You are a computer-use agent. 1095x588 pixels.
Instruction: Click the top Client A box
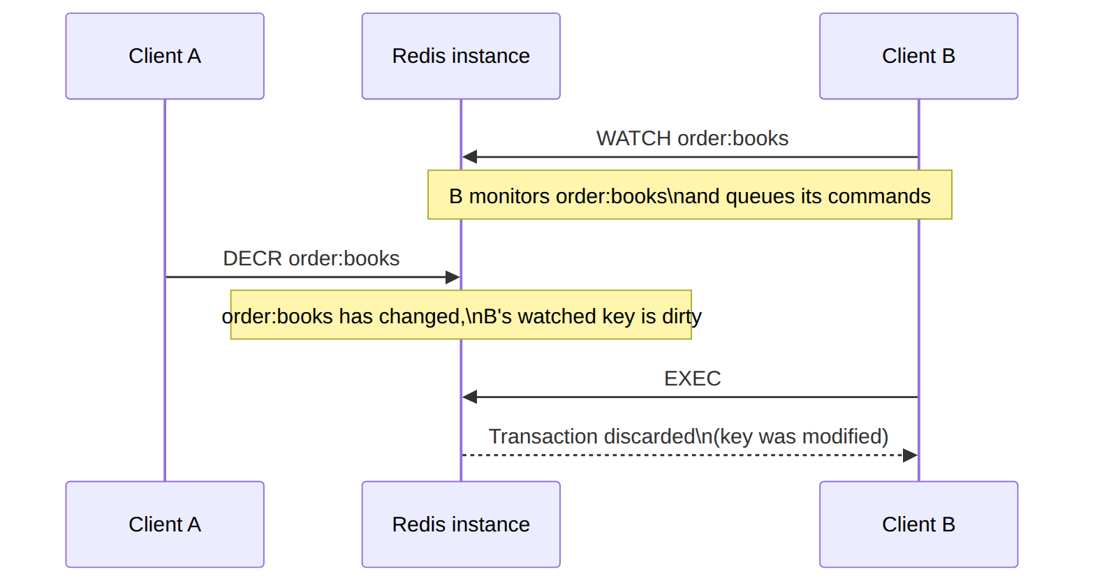point(165,56)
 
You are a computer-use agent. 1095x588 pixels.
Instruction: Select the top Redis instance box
point(461,56)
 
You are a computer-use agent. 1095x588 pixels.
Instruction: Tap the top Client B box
point(919,56)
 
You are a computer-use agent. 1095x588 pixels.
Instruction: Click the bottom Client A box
point(165,524)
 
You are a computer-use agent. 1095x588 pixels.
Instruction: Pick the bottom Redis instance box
point(461,524)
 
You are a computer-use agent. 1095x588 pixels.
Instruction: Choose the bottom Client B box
point(919,524)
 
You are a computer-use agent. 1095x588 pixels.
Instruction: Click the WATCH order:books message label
point(692,139)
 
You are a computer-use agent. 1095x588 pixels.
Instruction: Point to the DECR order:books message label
point(311,258)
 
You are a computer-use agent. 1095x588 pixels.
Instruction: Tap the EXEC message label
point(692,378)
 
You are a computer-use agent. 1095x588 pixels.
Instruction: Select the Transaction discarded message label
point(689,437)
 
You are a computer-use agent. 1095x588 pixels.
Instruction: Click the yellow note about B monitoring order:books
point(690,195)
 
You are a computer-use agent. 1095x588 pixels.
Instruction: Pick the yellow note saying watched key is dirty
point(461,315)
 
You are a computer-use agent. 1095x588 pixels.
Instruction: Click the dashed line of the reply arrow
point(682,455)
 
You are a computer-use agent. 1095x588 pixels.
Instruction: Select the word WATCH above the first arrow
point(633,139)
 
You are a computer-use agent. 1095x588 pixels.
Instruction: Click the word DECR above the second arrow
point(252,258)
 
